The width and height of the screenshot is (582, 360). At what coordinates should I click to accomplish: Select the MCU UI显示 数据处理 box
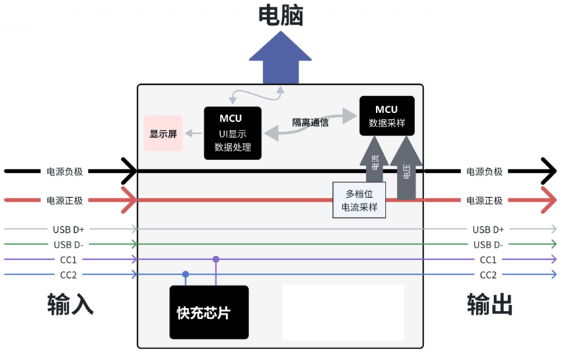[233, 133]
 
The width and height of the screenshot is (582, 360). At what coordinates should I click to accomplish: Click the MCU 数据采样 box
[387, 116]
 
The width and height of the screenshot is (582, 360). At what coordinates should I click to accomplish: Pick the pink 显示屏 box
[163, 133]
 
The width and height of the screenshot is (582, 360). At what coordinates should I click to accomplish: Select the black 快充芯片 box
[209, 312]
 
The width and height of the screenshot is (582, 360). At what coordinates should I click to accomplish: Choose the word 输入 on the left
[70, 304]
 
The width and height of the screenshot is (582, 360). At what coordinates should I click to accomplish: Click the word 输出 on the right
[490, 304]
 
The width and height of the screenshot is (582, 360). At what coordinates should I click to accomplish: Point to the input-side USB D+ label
[71, 229]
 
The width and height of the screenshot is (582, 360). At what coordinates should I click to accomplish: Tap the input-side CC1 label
[71, 259]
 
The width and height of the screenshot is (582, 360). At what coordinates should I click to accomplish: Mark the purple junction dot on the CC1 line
[216, 259]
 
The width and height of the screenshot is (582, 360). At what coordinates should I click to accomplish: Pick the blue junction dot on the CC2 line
[186, 274]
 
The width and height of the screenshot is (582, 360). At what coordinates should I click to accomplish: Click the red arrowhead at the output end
[549, 200]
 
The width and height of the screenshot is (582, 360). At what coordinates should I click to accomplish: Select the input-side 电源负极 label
[65, 171]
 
